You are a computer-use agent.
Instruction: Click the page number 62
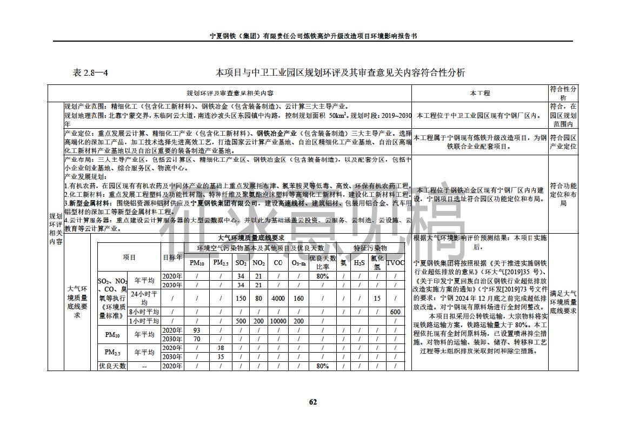coord(312,401)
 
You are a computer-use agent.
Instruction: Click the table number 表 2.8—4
coord(90,72)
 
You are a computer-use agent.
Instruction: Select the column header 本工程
coord(480,93)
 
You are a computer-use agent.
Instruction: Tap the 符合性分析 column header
coord(563,93)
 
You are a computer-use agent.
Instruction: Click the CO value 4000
coord(278,298)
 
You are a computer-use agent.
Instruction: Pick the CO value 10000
coord(278,321)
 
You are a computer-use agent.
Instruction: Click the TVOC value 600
coord(395,312)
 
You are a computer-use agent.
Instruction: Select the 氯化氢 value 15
coord(377,298)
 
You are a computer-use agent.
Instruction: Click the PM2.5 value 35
coord(220,357)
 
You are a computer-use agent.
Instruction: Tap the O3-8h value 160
coord(298,298)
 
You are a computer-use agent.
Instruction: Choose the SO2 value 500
coord(241,321)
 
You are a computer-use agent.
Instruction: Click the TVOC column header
coord(395,263)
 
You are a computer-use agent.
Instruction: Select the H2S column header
coord(359,263)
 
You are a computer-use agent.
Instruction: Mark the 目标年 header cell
coord(172,257)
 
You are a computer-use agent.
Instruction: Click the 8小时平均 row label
coord(144,312)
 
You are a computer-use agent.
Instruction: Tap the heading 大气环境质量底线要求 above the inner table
coord(250,238)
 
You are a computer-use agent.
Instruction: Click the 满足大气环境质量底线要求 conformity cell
coord(563,302)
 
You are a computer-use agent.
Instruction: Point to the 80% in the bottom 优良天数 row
coord(322,366)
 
